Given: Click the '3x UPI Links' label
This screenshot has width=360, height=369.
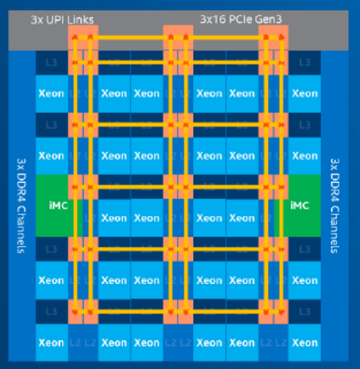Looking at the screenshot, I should [62, 19].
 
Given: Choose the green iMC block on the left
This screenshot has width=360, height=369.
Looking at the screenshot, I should [52, 205].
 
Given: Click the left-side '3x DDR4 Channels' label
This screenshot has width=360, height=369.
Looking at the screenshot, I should [19, 206].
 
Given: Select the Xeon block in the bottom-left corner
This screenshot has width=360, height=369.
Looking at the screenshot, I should [51, 342].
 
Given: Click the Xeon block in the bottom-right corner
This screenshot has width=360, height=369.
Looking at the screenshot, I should [305, 342].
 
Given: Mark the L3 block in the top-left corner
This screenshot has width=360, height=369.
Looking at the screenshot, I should [51, 63].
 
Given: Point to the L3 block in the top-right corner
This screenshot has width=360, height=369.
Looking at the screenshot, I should [305, 63].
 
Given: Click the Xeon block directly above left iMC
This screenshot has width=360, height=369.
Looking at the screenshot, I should [51, 155].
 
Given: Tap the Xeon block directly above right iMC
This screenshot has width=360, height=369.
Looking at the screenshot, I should [305, 155].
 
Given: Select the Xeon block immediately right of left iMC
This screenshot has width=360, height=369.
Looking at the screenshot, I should [114, 218].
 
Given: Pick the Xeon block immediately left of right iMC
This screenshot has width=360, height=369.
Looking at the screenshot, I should [242, 218].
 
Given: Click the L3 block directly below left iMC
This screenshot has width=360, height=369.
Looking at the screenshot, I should [51, 249].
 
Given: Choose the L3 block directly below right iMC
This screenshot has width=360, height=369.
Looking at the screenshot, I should [305, 249].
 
